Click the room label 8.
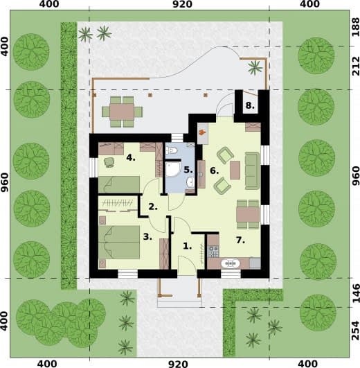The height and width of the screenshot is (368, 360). click(250, 105)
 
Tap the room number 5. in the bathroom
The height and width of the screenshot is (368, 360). click(188, 170)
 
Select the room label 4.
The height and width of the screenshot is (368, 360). click(131, 157)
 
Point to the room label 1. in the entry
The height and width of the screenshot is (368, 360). click(187, 246)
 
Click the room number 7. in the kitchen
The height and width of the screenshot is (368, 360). click(240, 240)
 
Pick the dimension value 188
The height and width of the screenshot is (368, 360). click(356, 27)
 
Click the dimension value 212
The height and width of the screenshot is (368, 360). click(356, 66)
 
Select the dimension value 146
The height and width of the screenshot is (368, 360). click(356, 293)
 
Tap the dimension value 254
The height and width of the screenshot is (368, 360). click(356, 331)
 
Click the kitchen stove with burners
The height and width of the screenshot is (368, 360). click(213, 252)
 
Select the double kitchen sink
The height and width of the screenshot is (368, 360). click(230, 263)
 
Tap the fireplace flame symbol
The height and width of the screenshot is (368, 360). click(202, 132)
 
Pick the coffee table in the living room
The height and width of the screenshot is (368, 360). click(235, 170)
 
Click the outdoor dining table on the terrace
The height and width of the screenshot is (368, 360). click(122, 112)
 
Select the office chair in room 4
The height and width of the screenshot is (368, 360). click(109, 162)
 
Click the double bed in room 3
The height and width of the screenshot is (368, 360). click(119, 242)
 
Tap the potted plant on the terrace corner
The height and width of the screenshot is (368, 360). click(255, 67)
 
